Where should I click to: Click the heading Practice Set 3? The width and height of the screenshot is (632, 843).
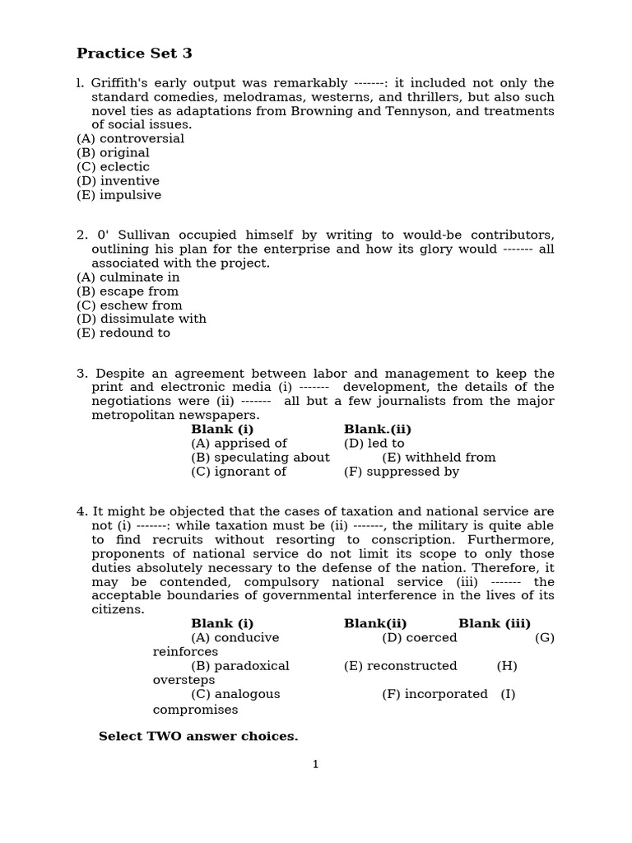coord(134,54)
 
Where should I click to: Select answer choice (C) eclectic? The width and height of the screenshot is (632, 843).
coord(113,167)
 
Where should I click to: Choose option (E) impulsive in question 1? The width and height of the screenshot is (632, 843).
coord(118,195)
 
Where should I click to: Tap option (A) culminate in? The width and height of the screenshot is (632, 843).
coord(128,277)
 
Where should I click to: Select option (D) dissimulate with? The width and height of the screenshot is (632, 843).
coord(141,319)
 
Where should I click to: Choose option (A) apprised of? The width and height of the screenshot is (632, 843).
coord(239,444)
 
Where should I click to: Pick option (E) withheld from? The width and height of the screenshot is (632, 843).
coord(439,458)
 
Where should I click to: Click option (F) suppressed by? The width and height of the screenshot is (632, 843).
coord(401,472)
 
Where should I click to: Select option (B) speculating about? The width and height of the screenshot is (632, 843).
coord(260,458)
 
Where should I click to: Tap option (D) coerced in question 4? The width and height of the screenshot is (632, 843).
coord(419,638)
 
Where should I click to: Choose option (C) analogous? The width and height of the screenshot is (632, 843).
coord(235,694)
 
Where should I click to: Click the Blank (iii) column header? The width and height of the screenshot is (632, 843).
coord(494,624)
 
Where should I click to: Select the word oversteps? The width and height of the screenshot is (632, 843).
coord(184,681)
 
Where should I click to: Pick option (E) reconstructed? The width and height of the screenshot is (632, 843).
coord(400,666)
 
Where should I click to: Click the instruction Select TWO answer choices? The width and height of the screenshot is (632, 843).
coord(197,737)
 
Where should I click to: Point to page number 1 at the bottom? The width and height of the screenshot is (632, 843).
coord(315,765)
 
